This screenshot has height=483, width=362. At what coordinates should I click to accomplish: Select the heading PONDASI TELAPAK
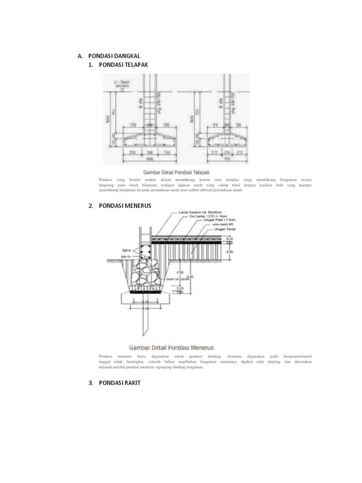tap(123, 65)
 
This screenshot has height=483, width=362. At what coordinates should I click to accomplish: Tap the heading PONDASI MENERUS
tap(125, 206)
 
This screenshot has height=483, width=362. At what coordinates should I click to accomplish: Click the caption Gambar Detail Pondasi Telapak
tap(174, 173)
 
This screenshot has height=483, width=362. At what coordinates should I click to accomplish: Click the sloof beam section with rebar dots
tap(145, 251)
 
